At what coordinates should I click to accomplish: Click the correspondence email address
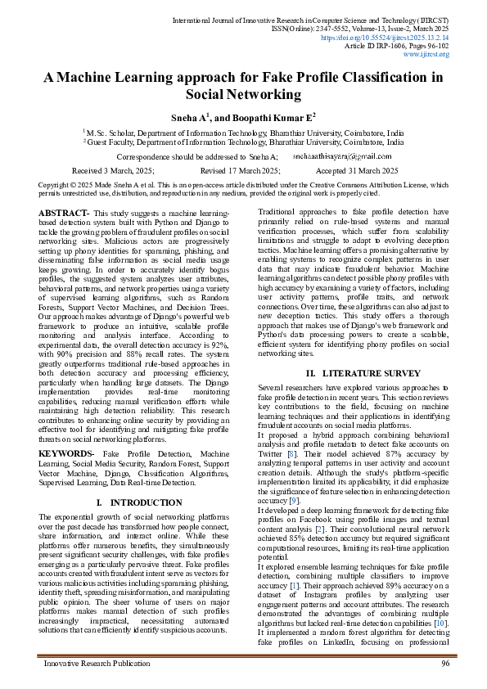pos(331,155)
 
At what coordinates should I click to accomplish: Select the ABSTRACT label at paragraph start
pos(58,213)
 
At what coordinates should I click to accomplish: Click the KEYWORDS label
pos(66,453)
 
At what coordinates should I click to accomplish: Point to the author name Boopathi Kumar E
pos(273,117)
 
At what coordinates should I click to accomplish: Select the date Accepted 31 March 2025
pos(357,170)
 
